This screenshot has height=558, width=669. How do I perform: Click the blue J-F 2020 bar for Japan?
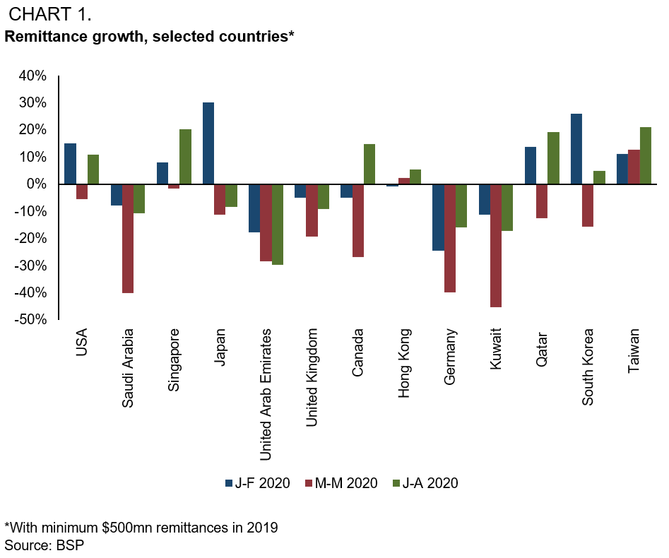point(208,143)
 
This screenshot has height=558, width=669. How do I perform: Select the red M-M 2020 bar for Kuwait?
point(495,246)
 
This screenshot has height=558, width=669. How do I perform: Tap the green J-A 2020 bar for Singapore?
point(185,157)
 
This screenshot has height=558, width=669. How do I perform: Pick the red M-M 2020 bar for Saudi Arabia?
point(128,239)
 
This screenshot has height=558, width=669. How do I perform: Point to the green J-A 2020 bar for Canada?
point(369,164)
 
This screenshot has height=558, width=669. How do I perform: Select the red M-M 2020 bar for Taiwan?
point(634,167)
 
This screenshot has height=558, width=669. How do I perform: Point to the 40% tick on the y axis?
point(32,76)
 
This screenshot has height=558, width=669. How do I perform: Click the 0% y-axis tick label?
point(37,184)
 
